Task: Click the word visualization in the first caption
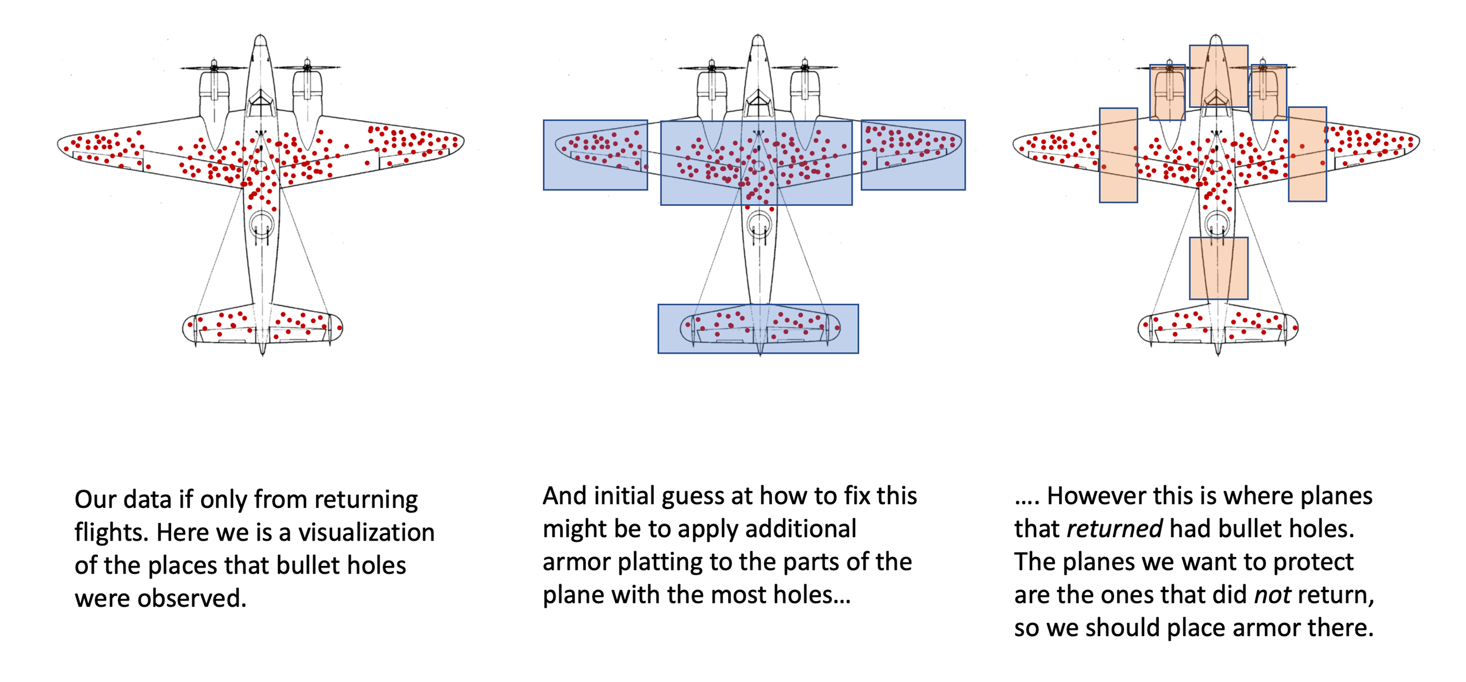(366, 532)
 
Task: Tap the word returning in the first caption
(366, 500)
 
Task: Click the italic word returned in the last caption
(1114, 529)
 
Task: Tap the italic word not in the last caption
(1272, 595)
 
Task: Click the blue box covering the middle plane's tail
(758, 328)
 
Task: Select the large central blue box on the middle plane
(756, 163)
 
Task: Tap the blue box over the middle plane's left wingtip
(595, 155)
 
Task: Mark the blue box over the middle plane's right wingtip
(913, 155)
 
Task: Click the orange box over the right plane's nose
(1219, 76)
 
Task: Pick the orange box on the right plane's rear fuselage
(1219, 268)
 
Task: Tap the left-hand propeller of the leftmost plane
(214, 67)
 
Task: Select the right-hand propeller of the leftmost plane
(307, 67)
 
